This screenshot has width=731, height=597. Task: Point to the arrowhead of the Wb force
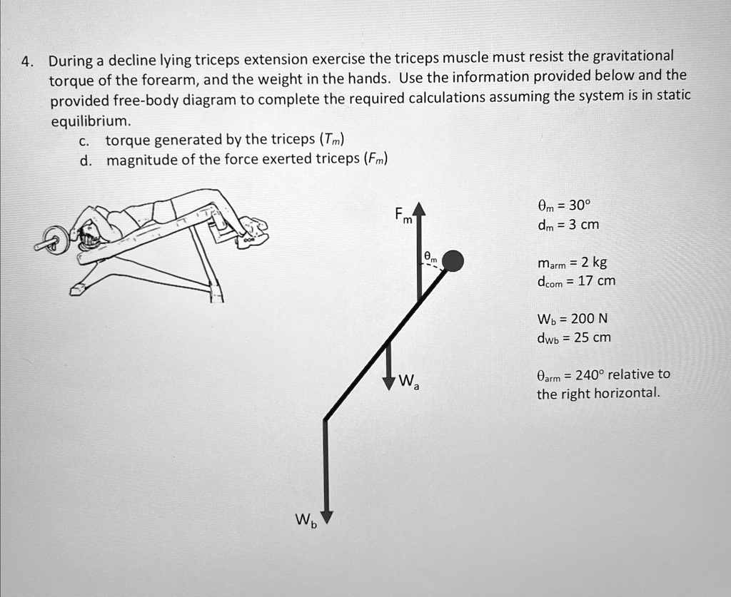(x=326, y=516)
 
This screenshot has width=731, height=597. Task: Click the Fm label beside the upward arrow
(x=403, y=216)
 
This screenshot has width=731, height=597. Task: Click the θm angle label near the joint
(x=428, y=255)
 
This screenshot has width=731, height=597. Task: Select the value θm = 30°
(x=563, y=207)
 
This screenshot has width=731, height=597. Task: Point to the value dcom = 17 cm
(x=575, y=281)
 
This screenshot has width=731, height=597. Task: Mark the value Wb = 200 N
(x=572, y=318)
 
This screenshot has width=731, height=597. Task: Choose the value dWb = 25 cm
(x=573, y=337)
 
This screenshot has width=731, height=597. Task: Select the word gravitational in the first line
(x=632, y=56)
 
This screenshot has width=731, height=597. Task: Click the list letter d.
(x=85, y=160)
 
